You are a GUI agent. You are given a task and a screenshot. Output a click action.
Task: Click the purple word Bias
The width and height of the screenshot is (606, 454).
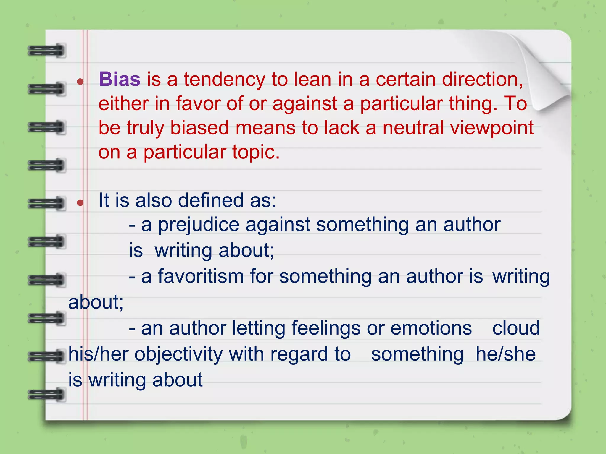120,80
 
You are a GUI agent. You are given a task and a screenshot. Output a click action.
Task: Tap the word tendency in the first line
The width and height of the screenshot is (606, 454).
225,80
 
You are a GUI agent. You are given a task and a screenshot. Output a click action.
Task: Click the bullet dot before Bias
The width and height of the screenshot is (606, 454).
80,81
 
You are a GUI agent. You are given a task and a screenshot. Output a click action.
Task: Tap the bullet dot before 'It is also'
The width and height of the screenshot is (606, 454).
80,202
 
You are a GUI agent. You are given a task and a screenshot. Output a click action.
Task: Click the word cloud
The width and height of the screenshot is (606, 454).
516,328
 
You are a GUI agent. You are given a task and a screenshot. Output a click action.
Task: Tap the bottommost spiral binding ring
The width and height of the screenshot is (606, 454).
47,395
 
